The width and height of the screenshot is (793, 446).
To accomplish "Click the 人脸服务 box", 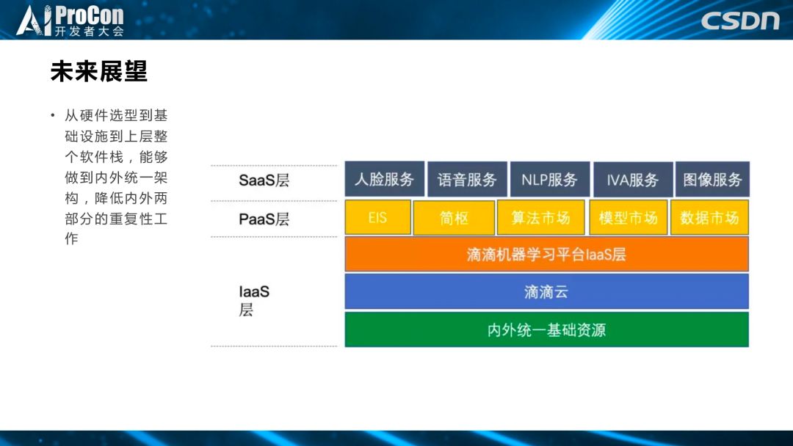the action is click(384, 179).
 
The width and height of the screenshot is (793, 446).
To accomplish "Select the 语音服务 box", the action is click(467, 179).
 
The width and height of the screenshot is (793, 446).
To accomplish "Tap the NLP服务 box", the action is click(550, 179).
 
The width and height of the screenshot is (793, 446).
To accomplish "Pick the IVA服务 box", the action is click(633, 179).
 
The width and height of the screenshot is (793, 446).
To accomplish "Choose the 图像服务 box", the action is click(712, 179).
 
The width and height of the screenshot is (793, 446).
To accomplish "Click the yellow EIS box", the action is click(378, 217).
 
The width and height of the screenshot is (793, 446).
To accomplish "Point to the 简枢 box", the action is click(454, 218).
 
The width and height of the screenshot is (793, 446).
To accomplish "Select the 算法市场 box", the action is click(540, 217).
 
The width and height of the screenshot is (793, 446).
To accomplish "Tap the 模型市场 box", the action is click(628, 217).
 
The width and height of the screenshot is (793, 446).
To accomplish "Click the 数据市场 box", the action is click(709, 217).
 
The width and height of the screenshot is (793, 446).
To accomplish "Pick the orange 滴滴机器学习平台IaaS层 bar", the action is click(547, 254).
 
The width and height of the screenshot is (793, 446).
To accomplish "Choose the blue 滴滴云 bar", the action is click(547, 291).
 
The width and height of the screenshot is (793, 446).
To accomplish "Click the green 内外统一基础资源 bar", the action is click(547, 329).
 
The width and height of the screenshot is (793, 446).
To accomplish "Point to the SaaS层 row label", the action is click(264, 180).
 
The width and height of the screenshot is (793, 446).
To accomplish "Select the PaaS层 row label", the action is click(264, 219).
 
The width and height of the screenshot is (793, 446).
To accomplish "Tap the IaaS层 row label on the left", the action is click(254, 301).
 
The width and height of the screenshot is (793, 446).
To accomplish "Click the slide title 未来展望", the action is click(98, 71).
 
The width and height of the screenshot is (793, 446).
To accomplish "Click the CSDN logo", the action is click(740, 21).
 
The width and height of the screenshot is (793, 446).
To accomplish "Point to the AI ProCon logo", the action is click(70, 21).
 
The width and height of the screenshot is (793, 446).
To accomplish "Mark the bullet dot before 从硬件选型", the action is click(53, 116).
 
